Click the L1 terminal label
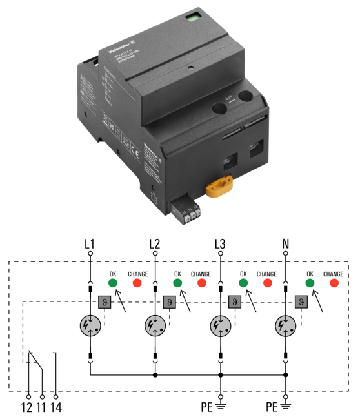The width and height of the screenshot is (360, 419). (90, 244)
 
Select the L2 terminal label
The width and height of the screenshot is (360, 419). (154, 244)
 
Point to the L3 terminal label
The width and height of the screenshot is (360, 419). (221, 244)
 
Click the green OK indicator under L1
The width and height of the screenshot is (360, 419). (112, 283)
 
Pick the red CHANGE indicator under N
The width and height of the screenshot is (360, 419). (334, 283)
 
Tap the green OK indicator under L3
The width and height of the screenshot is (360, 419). (243, 283)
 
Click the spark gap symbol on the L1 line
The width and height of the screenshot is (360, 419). (90, 324)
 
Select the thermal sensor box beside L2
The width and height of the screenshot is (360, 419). (168, 301)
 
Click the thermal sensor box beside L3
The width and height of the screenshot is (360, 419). (235, 301)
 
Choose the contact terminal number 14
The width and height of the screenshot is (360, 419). (57, 407)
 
